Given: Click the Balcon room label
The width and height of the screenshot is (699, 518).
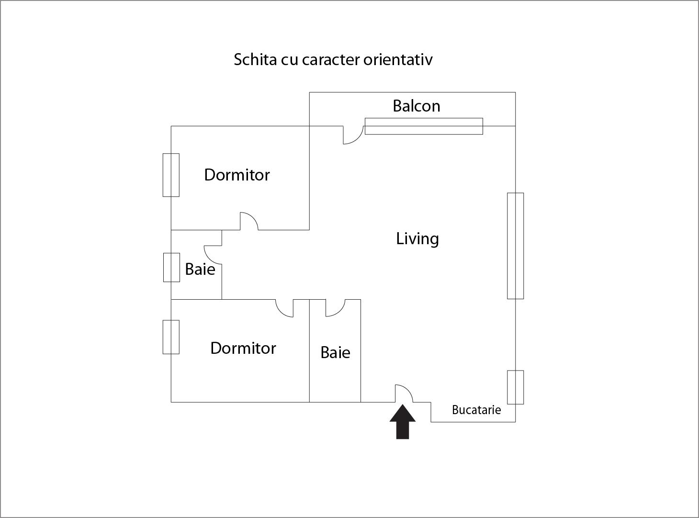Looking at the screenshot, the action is [417, 106].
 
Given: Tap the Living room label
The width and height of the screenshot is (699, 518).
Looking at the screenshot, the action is [417, 239].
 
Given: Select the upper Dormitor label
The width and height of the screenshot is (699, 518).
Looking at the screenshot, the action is [237, 175].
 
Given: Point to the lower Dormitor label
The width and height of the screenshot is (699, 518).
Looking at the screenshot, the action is [243, 349].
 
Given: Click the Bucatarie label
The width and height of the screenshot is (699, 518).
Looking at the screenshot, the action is [476, 410].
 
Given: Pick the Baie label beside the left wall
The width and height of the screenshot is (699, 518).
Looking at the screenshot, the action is [200, 269].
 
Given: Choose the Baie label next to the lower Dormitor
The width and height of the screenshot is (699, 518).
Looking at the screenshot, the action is [335, 352].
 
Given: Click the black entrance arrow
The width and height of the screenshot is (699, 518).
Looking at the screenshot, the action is [403, 422].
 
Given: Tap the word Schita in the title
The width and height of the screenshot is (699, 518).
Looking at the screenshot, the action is [255, 59].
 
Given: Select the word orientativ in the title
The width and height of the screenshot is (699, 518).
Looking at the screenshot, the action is [398, 59].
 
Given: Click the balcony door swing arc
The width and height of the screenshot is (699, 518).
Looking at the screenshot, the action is [353, 135].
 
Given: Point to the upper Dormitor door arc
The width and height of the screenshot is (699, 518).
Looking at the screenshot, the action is [249, 221].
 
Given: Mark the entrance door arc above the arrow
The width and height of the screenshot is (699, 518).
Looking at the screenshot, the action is [404, 394].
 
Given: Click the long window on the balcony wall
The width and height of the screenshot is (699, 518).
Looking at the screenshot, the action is [424, 126].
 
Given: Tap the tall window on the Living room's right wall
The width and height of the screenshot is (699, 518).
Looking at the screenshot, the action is [515, 246].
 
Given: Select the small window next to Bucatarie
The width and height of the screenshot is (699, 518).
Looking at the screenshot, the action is [515, 387].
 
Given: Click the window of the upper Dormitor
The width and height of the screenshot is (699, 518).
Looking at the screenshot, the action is [171, 175].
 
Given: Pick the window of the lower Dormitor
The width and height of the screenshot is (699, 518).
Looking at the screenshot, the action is [171, 337].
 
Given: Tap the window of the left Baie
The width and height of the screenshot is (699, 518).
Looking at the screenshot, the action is [171, 267].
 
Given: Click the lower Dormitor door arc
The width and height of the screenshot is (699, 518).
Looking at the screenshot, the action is [284, 308].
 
